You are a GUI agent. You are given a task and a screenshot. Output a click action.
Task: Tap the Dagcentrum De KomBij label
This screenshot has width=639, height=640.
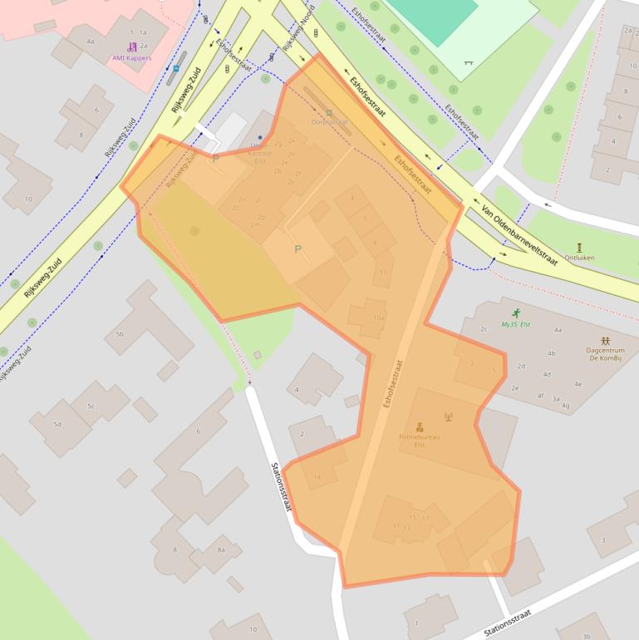(x=606, y=350)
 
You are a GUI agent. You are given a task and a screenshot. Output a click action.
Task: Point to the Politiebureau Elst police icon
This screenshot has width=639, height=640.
(x=420, y=426)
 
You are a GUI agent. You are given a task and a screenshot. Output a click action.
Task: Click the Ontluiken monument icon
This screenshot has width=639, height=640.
(x=579, y=247)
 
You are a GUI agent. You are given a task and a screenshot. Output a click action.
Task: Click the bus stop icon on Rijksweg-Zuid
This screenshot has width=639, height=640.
(x=175, y=68)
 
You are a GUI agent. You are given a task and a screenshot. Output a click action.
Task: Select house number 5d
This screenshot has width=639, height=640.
(x=57, y=425)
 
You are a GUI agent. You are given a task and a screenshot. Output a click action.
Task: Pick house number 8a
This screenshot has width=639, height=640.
(x=221, y=549)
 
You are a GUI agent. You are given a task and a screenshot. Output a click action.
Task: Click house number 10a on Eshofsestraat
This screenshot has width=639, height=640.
(x=379, y=318)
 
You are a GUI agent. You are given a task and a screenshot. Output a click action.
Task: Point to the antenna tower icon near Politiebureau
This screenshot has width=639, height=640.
(x=446, y=416)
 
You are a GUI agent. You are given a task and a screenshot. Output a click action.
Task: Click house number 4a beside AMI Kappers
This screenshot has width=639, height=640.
(x=91, y=40)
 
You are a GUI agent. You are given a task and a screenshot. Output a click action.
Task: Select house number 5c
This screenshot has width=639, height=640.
(x=91, y=406)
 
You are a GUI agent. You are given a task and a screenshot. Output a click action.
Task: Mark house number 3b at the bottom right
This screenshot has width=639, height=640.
(x=587, y=637)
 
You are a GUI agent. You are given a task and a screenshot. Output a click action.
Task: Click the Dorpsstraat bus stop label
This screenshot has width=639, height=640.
(x=330, y=121)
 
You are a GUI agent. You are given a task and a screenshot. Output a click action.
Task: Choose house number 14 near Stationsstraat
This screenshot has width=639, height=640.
(x=317, y=476)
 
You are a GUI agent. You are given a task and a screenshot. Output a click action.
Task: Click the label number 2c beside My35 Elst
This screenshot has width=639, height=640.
(x=484, y=329)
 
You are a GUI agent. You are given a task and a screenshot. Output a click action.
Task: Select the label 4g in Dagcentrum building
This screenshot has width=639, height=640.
(x=565, y=406)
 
